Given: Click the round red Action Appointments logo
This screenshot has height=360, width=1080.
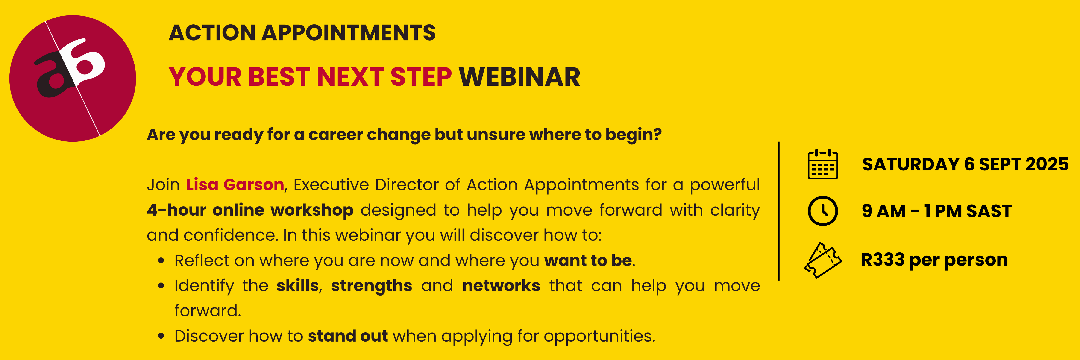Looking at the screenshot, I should pyautogui.click(x=73, y=78).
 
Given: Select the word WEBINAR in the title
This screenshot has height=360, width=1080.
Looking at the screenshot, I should pyautogui.click(x=519, y=77).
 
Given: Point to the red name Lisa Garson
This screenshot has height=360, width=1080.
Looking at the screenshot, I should pyautogui.click(x=235, y=185).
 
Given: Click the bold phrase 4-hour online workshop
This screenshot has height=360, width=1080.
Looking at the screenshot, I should pyautogui.click(x=250, y=210).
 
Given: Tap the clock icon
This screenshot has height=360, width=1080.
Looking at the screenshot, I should pyautogui.click(x=823, y=211).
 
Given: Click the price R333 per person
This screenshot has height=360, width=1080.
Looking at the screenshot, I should pyautogui.click(x=934, y=260).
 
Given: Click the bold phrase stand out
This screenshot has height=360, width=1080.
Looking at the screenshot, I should pyautogui.click(x=348, y=336).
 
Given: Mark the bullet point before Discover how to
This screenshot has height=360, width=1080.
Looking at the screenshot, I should pyautogui.click(x=161, y=336).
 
